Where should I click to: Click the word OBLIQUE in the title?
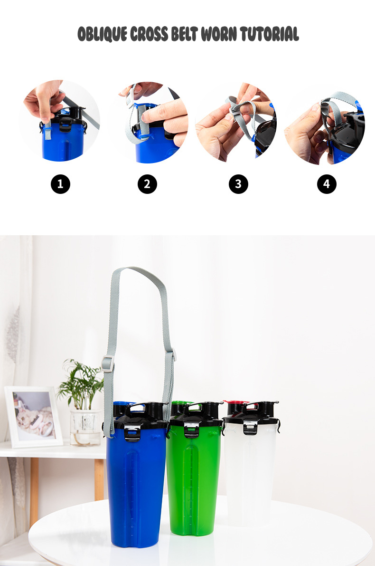pos(103,34)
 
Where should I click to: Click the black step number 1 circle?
pos(60,184)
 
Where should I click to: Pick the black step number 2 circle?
pos(147,184)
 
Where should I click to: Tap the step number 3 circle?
pos(238,184)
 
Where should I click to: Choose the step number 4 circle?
pos(327,184)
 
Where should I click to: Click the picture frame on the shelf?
pos(33,417)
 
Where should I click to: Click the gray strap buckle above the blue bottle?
pos(108,364)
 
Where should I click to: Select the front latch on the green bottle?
pos(191,429)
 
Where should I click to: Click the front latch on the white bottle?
pos(250,427)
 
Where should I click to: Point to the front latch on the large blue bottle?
pos(132,432)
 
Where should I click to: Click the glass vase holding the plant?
pos(85,428)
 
